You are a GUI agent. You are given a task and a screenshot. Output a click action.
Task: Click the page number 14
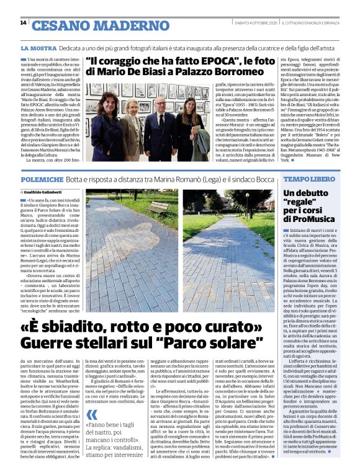click(x=23, y=23)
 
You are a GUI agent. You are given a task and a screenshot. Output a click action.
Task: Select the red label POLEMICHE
click(x=41, y=179)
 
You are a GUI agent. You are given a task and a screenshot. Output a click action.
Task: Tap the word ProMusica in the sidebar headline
click(x=312, y=219)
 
